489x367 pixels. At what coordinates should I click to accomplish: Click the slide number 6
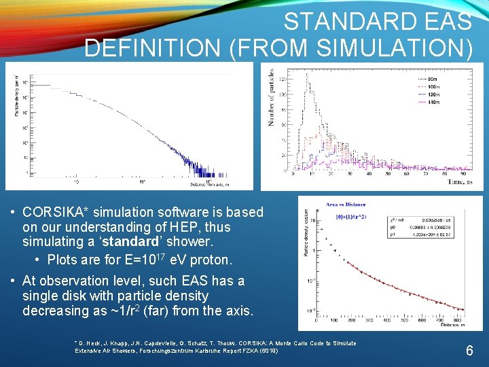469,351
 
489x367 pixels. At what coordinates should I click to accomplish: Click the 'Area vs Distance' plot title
346,204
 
